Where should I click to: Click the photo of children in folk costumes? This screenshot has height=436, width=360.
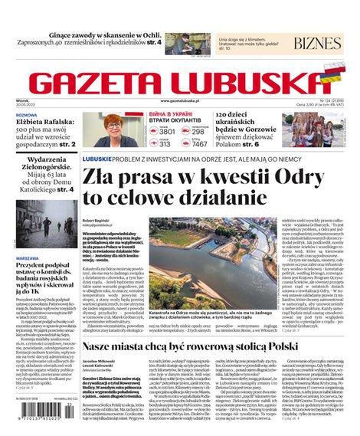[312, 130]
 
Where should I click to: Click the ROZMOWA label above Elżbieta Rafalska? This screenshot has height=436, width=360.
[26, 114]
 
